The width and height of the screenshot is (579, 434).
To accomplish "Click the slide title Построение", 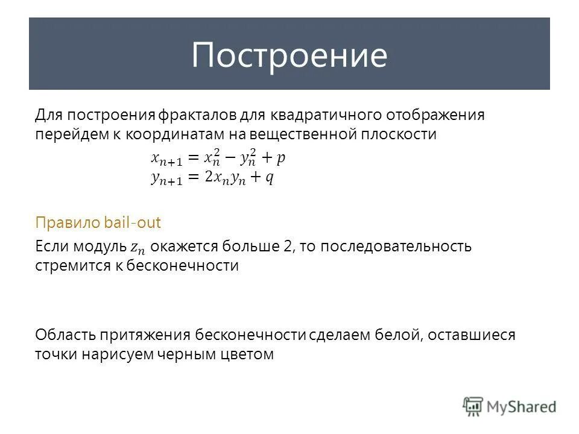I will (x=289, y=55).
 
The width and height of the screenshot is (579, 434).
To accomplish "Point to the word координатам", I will (x=174, y=134).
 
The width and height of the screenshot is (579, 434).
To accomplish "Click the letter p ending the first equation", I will (x=281, y=159).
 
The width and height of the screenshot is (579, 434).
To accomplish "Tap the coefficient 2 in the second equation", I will (x=208, y=178).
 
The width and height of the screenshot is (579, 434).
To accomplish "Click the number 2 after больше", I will (x=288, y=246).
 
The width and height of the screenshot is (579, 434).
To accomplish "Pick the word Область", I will (x=65, y=335).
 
